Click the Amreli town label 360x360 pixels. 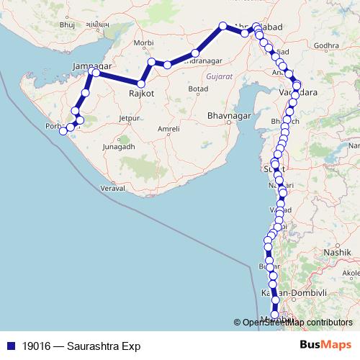[168, 130]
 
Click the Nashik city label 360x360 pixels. [336, 253]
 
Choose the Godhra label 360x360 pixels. [326, 45]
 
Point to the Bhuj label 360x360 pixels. [68, 24]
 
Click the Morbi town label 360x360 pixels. [144, 43]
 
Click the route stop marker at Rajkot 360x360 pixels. [141, 84]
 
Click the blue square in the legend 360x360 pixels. [10, 346]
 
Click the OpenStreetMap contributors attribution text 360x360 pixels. [297, 323]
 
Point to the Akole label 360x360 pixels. [351, 274]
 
